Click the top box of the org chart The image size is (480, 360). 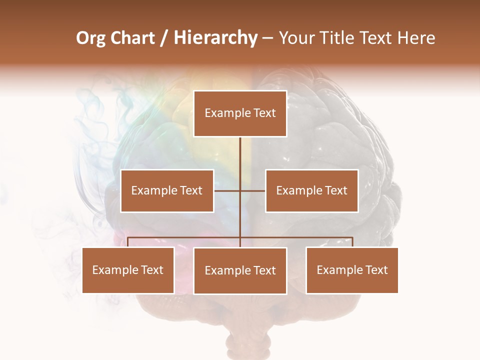(x=240, y=113)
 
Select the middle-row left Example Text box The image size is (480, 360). (x=167, y=190)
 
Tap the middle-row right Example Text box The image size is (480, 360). (x=311, y=190)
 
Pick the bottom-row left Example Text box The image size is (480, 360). (x=128, y=270)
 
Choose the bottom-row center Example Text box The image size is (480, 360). (x=240, y=270)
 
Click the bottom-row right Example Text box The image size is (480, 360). (x=352, y=270)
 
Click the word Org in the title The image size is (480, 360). (x=90, y=38)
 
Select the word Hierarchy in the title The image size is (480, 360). (x=215, y=38)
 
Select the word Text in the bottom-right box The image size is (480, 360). (x=376, y=270)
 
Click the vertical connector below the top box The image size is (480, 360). (x=240, y=160)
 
